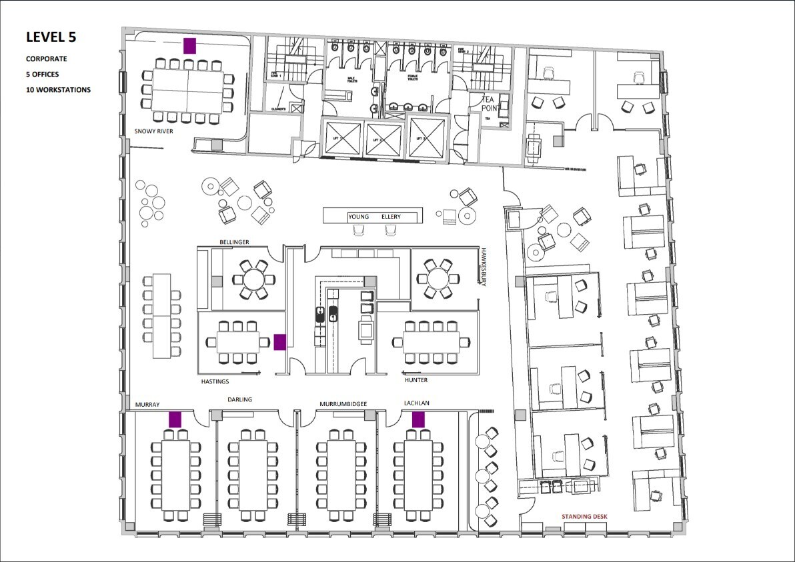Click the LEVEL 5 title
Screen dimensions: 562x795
[51, 37]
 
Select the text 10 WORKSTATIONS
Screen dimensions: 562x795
[59, 89]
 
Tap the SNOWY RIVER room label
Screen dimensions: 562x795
[154, 131]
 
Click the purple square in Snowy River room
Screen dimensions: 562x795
[189, 45]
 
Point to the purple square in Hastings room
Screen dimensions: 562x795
[280, 342]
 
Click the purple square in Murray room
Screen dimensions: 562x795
[175, 419]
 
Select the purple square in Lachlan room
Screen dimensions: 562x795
[418, 419]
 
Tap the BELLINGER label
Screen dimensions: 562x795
[235, 241]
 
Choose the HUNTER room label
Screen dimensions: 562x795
[416, 380]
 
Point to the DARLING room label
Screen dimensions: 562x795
[239, 400]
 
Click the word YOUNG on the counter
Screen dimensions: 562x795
[358, 217]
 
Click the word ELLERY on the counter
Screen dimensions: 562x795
[393, 217]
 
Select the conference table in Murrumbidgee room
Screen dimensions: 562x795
[341, 475]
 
